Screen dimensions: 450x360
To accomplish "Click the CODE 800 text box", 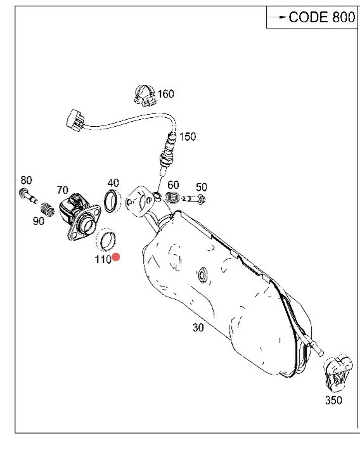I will pyautogui.click(x=311, y=17).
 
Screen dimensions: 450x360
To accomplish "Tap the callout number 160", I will pyautogui.click(x=165, y=94).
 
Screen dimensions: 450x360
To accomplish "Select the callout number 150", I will pyautogui.click(x=188, y=136).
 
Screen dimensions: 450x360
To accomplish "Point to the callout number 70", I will pyautogui.click(x=62, y=190).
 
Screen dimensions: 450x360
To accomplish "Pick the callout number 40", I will pyautogui.click(x=113, y=183).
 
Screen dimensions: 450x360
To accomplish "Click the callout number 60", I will pyautogui.click(x=173, y=184).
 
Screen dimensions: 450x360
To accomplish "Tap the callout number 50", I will pyautogui.click(x=201, y=187).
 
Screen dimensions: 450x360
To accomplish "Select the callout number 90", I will pyautogui.click(x=39, y=221).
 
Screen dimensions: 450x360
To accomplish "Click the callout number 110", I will pyautogui.click(x=103, y=259).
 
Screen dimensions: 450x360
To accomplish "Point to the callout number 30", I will pyautogui.click(x=199, y=328).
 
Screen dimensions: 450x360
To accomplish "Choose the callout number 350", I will pyautogui.click(x=333, y=400).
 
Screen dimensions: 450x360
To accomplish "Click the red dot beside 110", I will pyautogui.click(x=117, y=257).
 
